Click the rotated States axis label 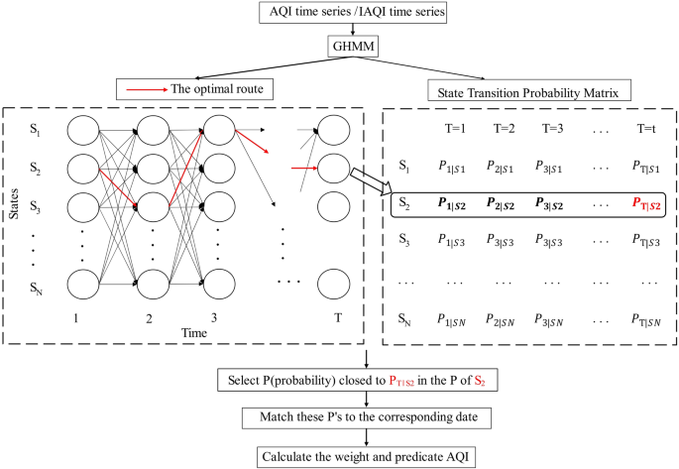coord(14,209)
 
